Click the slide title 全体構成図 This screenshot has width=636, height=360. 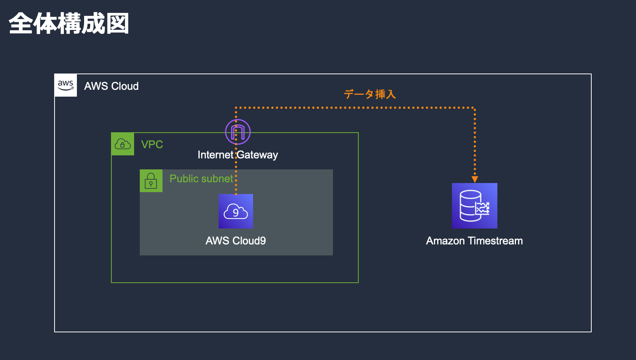[69, 23]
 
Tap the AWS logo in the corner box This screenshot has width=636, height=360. [66, 85]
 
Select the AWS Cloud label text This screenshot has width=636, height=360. [111, 86]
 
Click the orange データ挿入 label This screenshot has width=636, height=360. [370, 94]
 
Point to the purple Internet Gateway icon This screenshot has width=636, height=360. [238, 132]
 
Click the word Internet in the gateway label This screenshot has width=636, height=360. [215, 155]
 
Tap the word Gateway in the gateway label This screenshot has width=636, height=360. [258, 155]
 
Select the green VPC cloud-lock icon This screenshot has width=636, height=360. [123, 144]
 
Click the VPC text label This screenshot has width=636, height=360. [152, 144]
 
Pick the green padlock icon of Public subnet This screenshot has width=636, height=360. [151, 181]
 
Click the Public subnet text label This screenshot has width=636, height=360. [201, 178]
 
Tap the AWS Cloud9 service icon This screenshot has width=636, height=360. [236, 211]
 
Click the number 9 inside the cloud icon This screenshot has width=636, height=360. [236, 213]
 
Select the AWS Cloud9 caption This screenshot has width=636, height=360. [236, 241]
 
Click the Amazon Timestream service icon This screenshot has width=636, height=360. [474, 206]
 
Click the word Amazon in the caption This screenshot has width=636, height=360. [445, 241]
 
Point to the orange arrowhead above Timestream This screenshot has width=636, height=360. [475, 179]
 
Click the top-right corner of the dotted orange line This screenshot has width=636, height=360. [474, 108]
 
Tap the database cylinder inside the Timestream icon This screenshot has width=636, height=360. [469, 206]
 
